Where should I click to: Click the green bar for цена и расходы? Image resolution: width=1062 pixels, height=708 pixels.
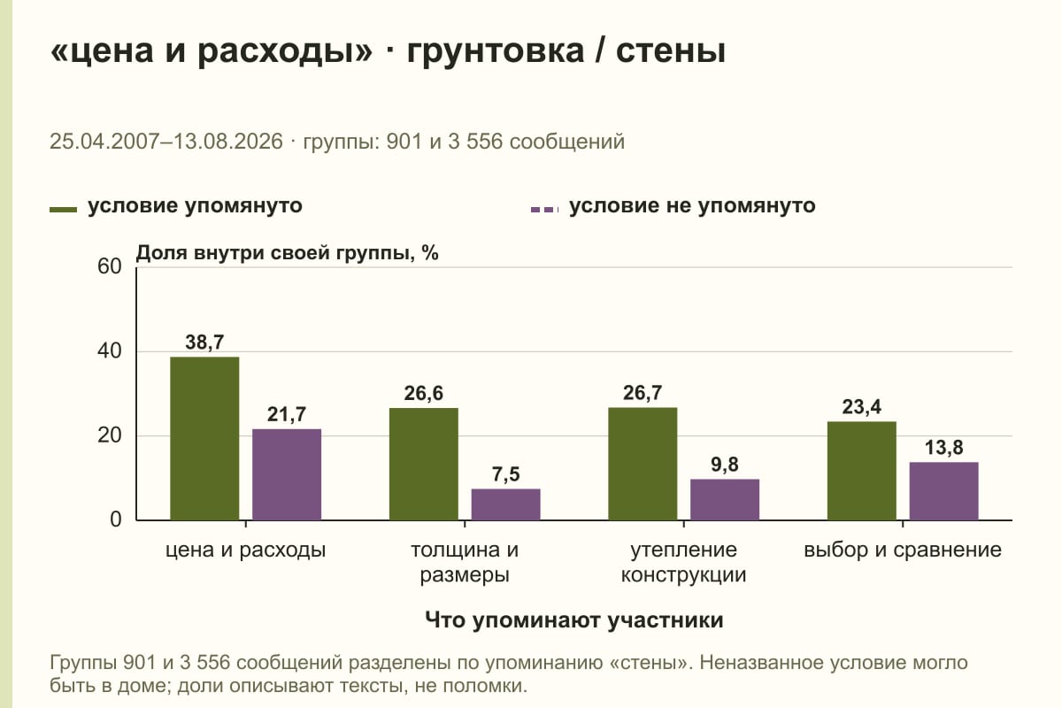click(x=204, y=439)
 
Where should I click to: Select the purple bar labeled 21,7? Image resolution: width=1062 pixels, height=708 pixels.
click(x=287, y=474)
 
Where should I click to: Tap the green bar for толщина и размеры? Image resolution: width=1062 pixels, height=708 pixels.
click(x=423, y=465)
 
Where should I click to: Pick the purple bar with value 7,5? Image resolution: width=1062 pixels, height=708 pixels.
click(x=505, y=504)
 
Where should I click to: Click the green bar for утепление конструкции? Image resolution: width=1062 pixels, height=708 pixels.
click(x=643, y=464)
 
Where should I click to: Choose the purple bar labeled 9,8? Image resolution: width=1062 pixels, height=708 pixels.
click(x=725, y=500)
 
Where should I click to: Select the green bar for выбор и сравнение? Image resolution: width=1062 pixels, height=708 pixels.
click(x=861, y=471)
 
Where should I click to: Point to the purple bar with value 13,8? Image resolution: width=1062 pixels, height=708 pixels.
click(x=943, y=491)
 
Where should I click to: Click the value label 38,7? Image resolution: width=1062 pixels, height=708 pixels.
click(x=204, y=342)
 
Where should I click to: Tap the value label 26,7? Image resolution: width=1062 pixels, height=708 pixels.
click(x=643, y=393)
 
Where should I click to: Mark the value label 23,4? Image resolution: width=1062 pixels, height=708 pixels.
click(x=861, y=407)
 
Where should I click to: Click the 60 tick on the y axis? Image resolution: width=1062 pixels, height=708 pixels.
click(x=110, y=266)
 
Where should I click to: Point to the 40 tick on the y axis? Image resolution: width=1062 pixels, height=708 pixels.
click(x=110, y=351)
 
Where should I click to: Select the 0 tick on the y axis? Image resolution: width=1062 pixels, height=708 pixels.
click(x=116, y=519)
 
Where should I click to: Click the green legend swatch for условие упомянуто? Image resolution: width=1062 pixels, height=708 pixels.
click(x=63, y=210)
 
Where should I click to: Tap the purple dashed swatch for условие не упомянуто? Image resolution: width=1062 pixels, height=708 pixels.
click(x=545, y=210)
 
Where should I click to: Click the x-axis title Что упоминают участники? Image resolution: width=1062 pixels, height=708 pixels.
click(x=574, y=620)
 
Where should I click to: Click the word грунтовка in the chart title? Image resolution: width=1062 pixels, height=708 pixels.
click(x=496, y=50)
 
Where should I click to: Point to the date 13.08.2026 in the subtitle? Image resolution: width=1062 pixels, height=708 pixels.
click(x=228, y=142)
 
